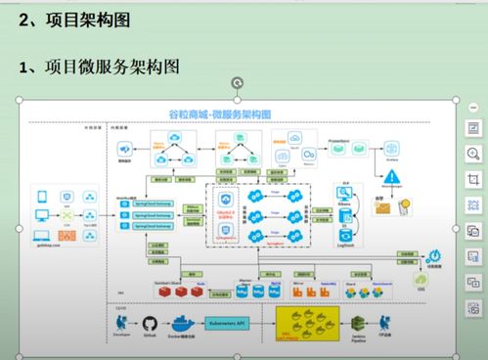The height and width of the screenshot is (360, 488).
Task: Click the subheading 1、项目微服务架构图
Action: coord(99,67)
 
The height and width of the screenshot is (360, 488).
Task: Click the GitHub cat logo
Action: coord(151,324)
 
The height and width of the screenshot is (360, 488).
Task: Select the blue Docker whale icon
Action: coord(182,324)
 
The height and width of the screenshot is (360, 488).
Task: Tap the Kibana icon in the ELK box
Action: coord(344,195)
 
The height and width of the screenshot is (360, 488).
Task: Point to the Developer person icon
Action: coord(119,323)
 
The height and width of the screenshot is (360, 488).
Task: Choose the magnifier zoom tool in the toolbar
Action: coord(473,154)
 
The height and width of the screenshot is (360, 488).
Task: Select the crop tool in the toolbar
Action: coord(473,179)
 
